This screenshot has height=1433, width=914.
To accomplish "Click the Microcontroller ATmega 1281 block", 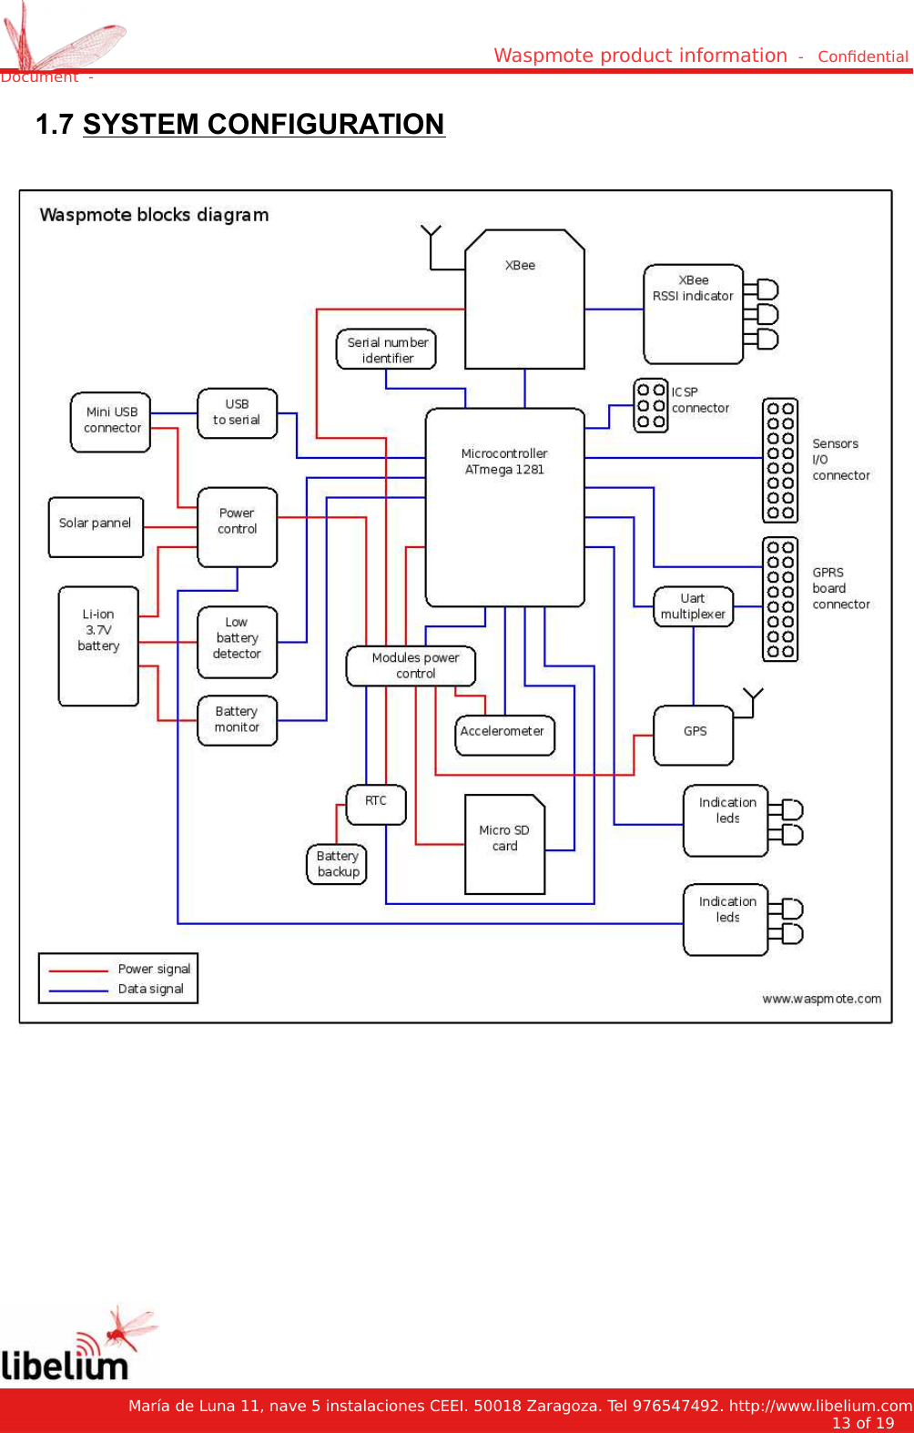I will [x=504, y=507].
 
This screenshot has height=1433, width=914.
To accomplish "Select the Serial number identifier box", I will [x=386, y=350].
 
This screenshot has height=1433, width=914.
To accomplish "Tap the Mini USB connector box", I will [x=110, y=422].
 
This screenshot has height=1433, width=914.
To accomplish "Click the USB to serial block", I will [x=237, y=413].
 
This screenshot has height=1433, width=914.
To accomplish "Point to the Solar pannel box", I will [x=96, y=526].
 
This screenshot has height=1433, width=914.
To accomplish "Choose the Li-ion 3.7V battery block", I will [x=98, y=646].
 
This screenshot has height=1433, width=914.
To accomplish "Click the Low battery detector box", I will [x=237, y=642].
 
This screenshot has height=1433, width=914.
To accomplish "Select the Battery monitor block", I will [x=237, y=720].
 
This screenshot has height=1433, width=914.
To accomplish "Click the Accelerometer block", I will [x=504, y=735].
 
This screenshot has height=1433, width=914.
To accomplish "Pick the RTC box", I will [x=376, y=804].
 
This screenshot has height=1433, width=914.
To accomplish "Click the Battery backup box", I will [x=337, y=864].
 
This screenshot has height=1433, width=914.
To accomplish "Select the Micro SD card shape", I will [x=504, y=845].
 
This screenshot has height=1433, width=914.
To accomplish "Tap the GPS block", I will [x=694, y=735].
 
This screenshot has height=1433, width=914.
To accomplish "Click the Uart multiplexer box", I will [x=693, y=606].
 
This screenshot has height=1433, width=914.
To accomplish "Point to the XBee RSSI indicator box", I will [x=693, y=314].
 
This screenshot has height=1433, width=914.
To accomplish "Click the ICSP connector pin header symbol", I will [x=650, y=405].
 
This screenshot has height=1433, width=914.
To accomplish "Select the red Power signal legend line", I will [x=78, y=971].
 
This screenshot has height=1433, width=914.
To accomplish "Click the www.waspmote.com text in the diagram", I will [x=821, y=999].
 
